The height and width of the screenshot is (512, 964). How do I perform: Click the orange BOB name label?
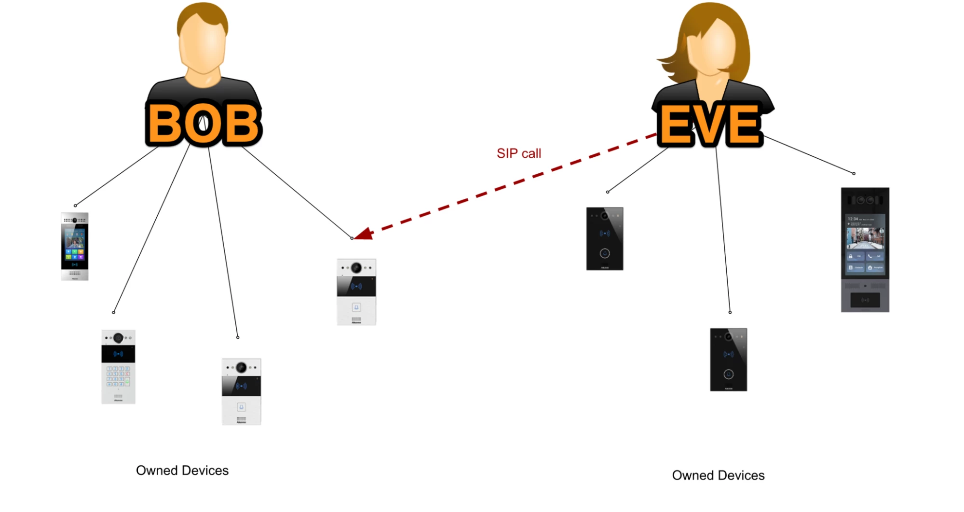203,124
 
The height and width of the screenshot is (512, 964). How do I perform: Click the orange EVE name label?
710,125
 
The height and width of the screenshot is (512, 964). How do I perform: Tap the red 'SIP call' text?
519,153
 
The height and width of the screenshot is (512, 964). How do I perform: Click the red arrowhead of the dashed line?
365,234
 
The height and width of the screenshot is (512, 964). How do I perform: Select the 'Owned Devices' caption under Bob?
182,470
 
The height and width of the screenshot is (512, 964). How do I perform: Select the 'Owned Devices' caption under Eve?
718,475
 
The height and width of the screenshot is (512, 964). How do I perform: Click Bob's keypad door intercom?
118,367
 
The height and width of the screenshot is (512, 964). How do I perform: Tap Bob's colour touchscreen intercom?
75,246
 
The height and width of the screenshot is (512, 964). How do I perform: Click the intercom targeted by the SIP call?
356,292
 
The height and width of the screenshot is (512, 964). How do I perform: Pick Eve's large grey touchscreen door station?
865,249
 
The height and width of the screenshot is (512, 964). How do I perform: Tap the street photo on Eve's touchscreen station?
865,238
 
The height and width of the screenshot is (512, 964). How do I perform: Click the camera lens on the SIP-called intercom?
356,267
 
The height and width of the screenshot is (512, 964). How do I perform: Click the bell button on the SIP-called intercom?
356,307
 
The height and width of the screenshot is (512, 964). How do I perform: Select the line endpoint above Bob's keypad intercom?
114,312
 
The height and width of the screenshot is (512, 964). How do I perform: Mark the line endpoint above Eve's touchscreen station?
854,173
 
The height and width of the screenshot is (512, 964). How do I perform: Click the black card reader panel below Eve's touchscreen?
865,300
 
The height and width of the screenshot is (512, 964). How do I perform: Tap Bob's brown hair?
203,14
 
